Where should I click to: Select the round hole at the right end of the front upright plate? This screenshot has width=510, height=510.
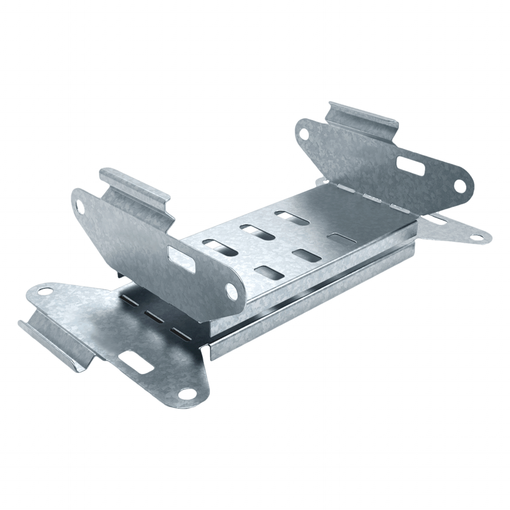pos(232,291)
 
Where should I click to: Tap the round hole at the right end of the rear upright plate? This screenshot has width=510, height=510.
pos(459,187)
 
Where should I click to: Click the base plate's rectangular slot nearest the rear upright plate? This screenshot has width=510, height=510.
pos(339,239)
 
